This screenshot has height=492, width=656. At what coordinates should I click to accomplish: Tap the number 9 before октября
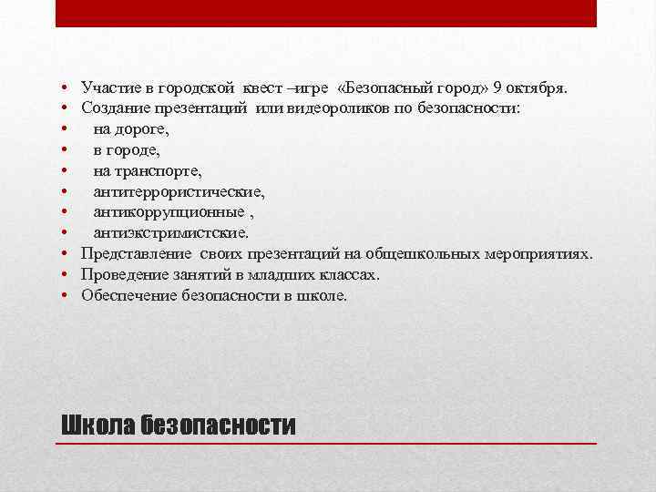pyautogui.click(x=497, y=87)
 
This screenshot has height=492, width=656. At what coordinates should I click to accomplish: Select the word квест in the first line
pyautogui.click(x=261, y=87)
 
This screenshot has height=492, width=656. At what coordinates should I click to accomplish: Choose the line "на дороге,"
pyautogui.click(x=130, y=129)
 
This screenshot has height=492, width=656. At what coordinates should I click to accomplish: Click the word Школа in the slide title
pyautogui.click(x=97, y=425)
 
